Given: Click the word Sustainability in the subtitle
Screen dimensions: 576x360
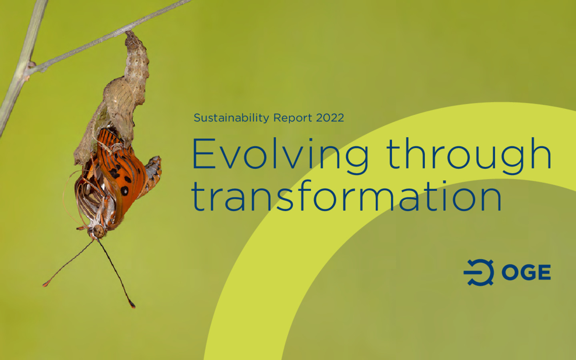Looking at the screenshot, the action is click(x=232, y=118).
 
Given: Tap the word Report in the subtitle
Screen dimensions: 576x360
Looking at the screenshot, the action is click(x=293, y=118).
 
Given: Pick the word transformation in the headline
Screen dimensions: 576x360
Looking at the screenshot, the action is click(x=346, y=196).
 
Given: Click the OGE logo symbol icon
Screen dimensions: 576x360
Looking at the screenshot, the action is click(x=479, y=272).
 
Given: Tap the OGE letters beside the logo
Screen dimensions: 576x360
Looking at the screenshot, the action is click(x=526, y=272).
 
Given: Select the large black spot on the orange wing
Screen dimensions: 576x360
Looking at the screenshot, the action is click(x=125, y=190).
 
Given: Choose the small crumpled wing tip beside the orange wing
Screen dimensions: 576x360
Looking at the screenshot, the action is click(x=153, y=172).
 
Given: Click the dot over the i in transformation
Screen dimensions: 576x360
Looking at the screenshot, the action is click(x=444, y=182).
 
